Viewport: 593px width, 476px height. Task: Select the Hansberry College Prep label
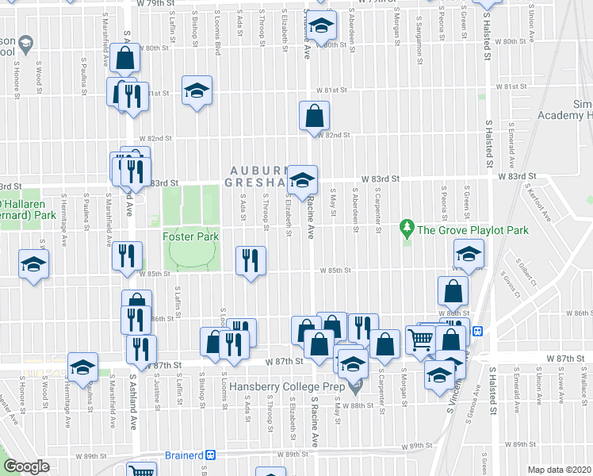click(293, 388)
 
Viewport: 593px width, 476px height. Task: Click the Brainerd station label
click(180, 455)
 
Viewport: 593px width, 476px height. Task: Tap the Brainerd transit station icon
click(211, 455)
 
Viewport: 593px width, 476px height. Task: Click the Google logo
click(26, 466)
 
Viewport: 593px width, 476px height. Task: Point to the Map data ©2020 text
click(560, 470)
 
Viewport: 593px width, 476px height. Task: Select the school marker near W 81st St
click(197, 91)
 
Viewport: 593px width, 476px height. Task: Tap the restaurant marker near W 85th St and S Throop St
click(251, 261)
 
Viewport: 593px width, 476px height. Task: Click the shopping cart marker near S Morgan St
click(421, 340)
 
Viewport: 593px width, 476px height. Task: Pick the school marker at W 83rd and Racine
click(302, 181)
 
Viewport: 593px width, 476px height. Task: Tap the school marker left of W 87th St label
click(82, 367)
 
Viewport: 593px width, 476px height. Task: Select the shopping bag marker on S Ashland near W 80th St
click(126, 57)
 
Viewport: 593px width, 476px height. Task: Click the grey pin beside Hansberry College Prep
click(354, 389)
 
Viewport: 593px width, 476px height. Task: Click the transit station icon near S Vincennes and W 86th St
click(477, 332)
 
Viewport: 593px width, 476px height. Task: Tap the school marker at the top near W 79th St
click(321, 26)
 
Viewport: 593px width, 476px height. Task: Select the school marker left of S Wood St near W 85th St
click(33, 264)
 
